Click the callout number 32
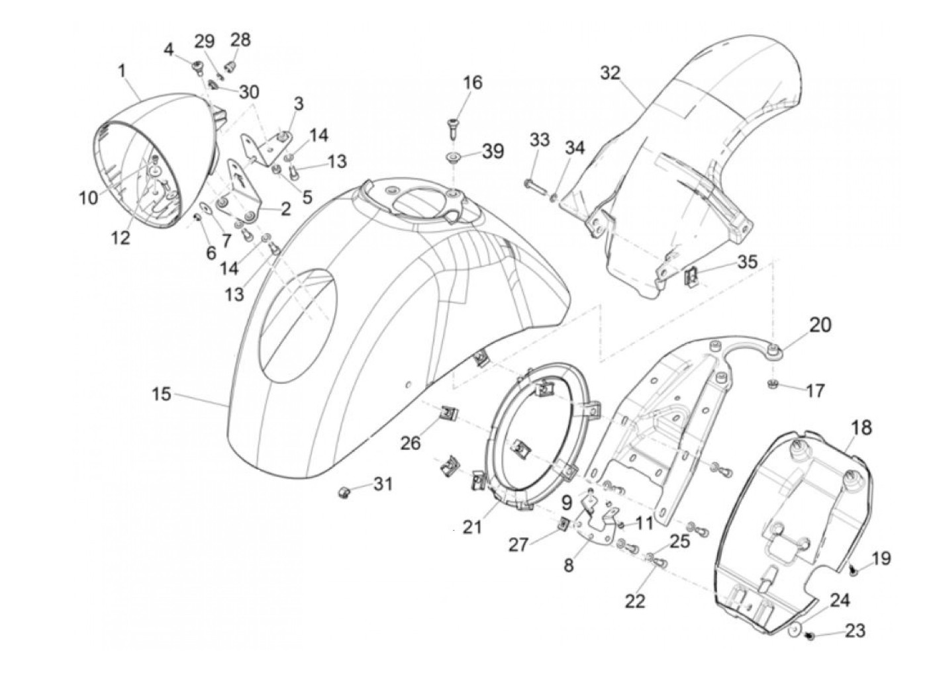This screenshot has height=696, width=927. pos(610,72)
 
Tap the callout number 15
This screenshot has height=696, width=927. pos(161,394)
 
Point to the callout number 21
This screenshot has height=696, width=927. pos(472,527)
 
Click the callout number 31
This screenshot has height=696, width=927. pos(382,484)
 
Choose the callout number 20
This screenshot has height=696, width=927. pos(820,325)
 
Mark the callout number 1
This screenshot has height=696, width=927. pos(122,71)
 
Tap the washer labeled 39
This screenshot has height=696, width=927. pos(454,157)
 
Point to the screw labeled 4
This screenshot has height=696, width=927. pos(197,67)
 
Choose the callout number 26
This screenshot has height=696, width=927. pos(411,442)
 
